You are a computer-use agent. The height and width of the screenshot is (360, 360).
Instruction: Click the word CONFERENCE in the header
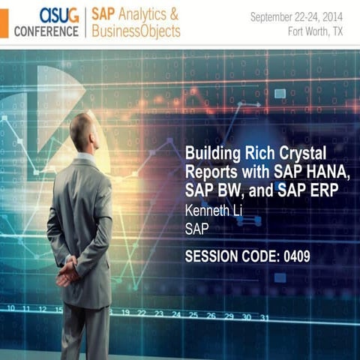click(46, 31)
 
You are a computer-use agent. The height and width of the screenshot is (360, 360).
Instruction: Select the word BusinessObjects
click(136, 31)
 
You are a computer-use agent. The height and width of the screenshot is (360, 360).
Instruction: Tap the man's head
click(84, 131)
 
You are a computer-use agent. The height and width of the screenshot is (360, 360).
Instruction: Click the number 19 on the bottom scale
click(125, 312)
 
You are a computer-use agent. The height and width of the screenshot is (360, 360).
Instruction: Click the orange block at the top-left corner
click(4, 22)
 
